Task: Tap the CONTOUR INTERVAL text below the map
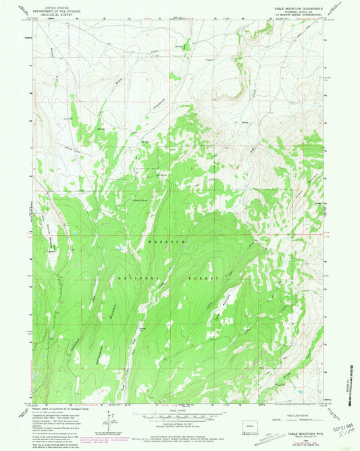178,423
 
